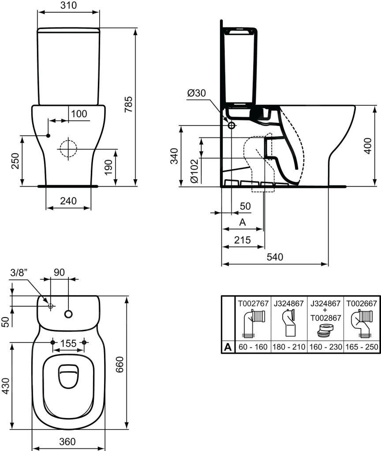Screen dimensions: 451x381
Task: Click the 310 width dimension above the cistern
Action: click(x=68, y=5)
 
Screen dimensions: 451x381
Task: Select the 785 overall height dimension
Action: click(x=128, y=105)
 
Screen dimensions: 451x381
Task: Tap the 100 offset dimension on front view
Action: click(x=79, y=114)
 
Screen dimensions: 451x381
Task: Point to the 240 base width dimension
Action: click(x=68, y=201)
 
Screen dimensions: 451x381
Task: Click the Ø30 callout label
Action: click(x=196, y=93)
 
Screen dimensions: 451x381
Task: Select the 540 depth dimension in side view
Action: click(x=274, y=257)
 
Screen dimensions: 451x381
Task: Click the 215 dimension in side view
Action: click(x=243, y=240)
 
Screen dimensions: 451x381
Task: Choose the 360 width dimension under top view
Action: click(x=68, y=441)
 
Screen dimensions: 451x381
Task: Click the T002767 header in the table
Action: click(x=253, y=303)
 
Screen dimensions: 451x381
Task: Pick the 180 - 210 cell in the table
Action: click(x=288, y=347)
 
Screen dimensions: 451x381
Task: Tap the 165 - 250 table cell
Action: click(x=361, y=347)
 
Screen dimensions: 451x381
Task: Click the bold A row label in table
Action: click(x=228, y=347)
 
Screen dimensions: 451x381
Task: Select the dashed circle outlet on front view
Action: click(x=67, y=148)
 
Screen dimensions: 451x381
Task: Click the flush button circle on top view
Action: click(x=68, y=314)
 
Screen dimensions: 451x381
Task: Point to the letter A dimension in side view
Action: click(x=242, y=222)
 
